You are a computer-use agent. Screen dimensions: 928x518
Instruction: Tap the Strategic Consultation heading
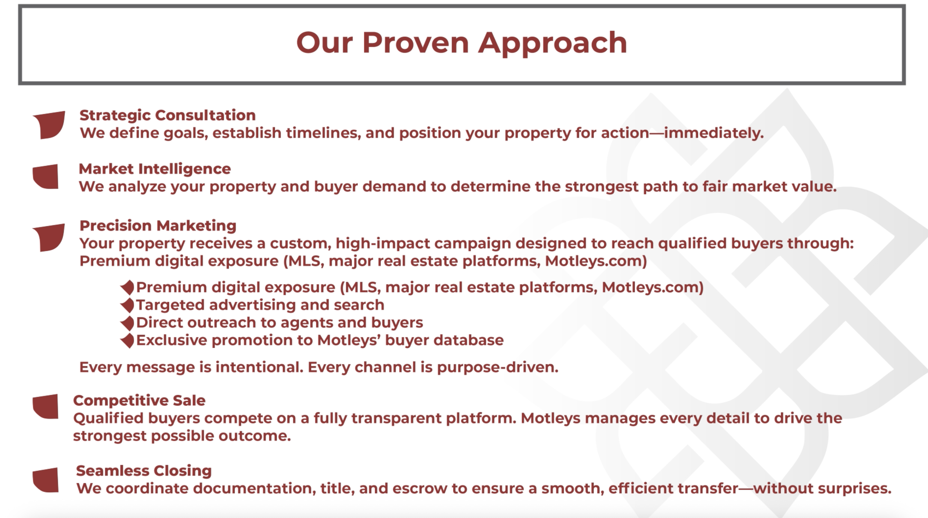pyautogui.click(x=168, y=115)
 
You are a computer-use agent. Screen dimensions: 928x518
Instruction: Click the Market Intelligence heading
pyautogui.click(x=154, y=169)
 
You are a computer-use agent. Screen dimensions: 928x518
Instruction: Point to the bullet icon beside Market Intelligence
pyautogui.click(x=46, y=177)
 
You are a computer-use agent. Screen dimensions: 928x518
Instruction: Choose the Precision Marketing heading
pyautogui.click(x=158, y=226)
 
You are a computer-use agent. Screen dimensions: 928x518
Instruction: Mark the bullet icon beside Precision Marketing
pyautogui.click(x=49, y=237)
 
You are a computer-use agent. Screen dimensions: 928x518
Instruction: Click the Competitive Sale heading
pyautogui.click(x=139, y=400)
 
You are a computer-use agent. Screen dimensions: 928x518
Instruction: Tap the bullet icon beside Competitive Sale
pyautogui.click(x=46, y=407)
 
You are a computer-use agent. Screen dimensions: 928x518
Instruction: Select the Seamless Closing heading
pyautogui.click(x=144, y=471)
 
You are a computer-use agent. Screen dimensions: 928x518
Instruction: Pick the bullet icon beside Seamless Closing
pyautogui.click(x=46, y=480)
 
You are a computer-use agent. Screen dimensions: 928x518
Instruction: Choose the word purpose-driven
pyautogui.click(x=498, y=368)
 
